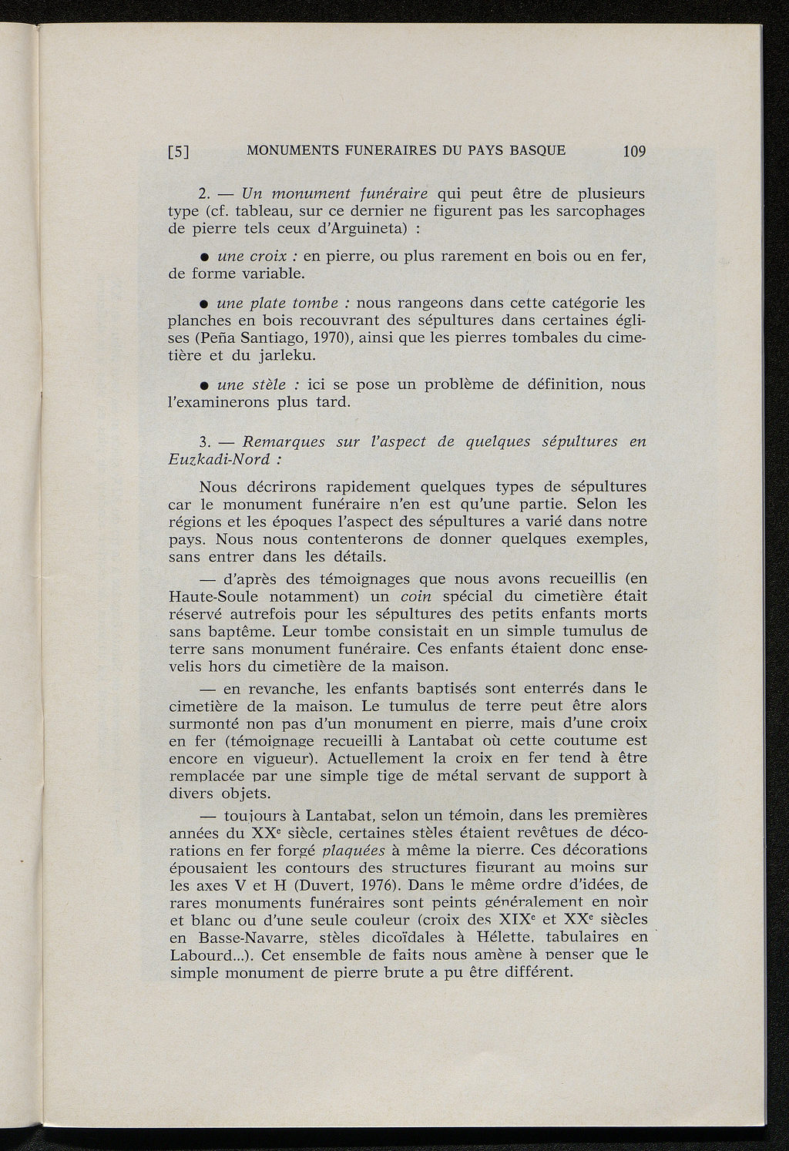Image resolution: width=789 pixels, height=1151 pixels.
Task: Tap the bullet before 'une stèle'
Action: click(205, 385)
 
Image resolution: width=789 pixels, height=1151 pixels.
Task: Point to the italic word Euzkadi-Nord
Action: click(219, 460)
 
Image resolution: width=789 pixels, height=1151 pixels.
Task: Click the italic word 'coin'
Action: click(415, 597)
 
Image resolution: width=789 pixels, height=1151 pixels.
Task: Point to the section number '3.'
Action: click(204, 442)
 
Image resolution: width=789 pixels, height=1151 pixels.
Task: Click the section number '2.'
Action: click(204, 193)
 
